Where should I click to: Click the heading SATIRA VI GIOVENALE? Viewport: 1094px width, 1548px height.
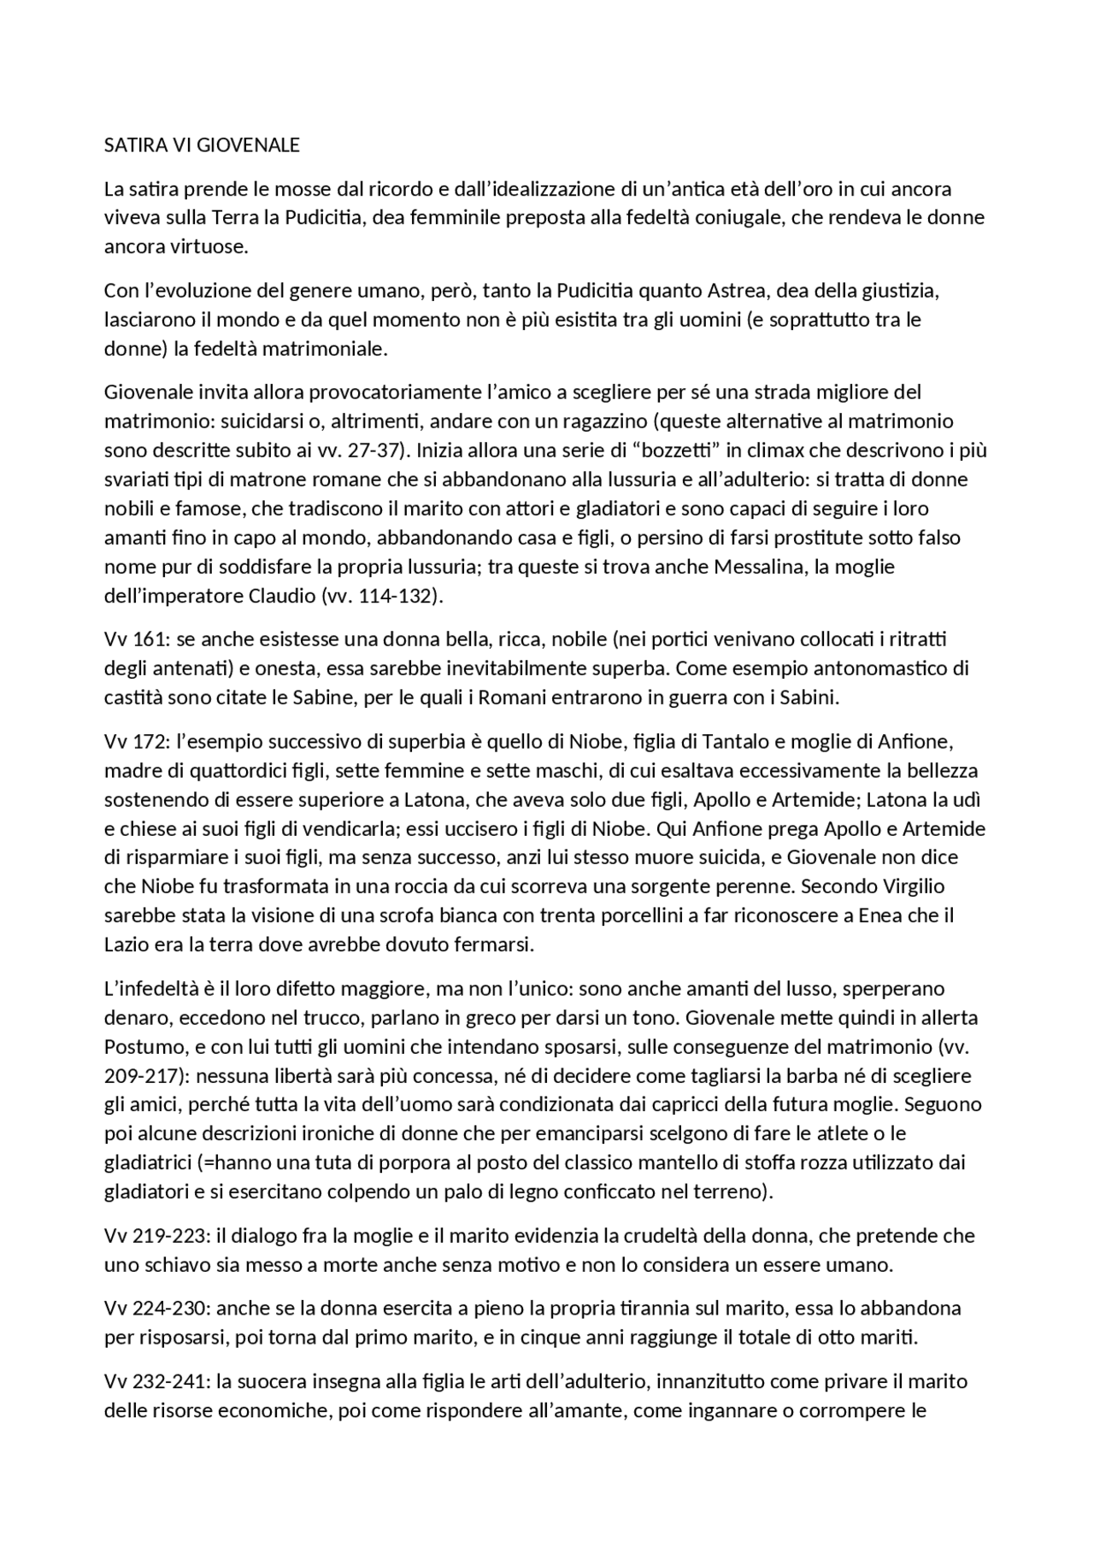tap(202, 145)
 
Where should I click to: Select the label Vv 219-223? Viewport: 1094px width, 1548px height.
tap(156, 1236)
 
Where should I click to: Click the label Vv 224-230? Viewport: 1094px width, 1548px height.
tap(156, 1309)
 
